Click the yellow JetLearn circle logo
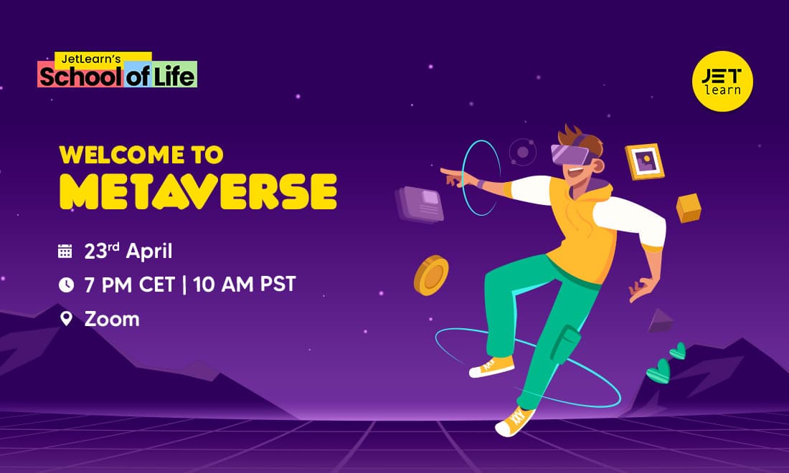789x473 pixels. coord(722,81)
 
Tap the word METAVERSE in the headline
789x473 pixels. coord(198,191)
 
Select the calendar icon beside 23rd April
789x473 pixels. coord(65,251)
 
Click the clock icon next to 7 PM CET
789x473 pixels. coord(66,285)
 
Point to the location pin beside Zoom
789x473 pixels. coord(66,318)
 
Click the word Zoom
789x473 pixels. coord(112,319)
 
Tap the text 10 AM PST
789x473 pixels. coord(245,285)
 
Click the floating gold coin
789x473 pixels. coord(431,275)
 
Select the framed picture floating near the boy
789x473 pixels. coord(645,161)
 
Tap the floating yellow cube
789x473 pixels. coord(689,208)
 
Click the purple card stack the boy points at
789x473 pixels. coord(419,204)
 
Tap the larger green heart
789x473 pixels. coord(658,371)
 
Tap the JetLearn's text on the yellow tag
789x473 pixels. coord(91,59)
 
